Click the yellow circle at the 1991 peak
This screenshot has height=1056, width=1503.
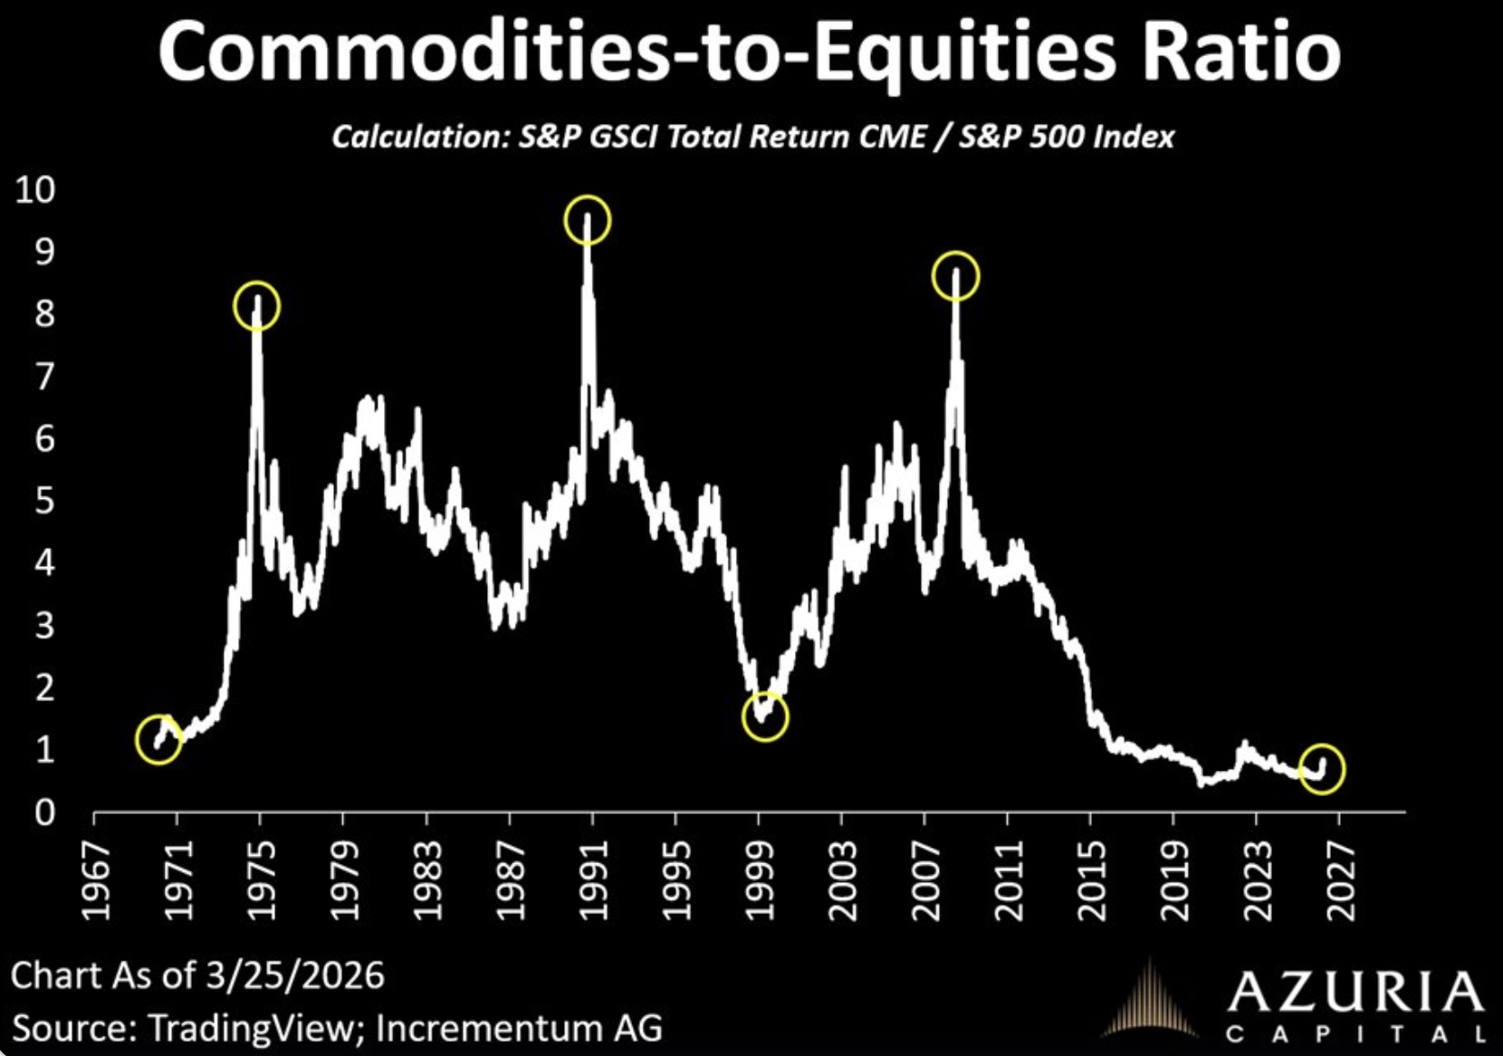tap(588, 220)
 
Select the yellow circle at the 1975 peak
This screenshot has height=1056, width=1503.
tap(257, 306)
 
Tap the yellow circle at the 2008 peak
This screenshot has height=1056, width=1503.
tap(955, 275)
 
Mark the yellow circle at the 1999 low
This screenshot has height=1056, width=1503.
tap(765, 717)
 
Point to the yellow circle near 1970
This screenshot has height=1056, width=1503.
tap(158, 739)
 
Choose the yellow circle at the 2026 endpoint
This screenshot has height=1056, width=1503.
tap(1322, 769)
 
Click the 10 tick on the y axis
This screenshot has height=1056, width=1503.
tap(35, 189)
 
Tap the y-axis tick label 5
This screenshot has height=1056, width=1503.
tap(44, 501)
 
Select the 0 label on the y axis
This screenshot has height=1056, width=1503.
tap(44, 812)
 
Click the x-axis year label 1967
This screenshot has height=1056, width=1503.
tap(96, 880)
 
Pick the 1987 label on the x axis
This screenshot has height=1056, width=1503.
tap(512, 880)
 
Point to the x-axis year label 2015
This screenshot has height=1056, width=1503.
tap(1092, 880)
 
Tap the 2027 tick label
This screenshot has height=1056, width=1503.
tap(1341, 880)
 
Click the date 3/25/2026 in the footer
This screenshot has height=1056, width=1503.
tap(294, 975)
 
